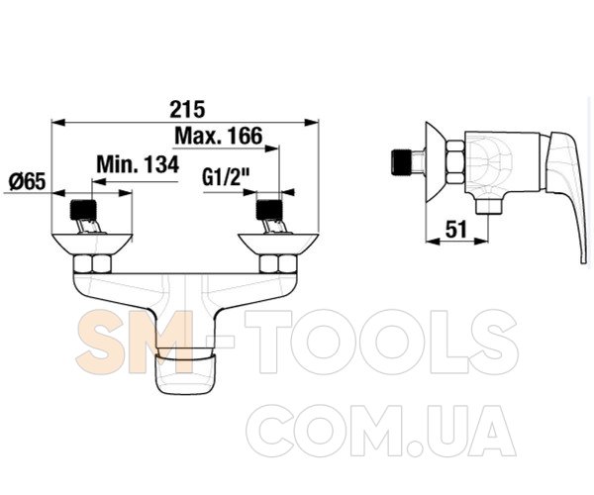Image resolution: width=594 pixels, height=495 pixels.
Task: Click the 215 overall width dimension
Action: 187,109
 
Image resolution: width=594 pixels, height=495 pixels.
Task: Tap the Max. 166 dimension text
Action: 218,136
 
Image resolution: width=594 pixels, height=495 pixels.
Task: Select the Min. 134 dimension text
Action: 138,164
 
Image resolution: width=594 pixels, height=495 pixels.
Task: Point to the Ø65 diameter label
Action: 27,181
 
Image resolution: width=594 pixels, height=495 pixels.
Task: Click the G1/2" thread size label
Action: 226,177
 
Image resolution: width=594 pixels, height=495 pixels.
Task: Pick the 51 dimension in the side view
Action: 456,230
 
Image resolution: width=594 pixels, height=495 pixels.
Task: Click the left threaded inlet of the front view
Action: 83,210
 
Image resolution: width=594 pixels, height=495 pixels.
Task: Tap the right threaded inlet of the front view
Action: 269,210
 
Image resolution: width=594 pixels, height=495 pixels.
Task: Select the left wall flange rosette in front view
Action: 92,244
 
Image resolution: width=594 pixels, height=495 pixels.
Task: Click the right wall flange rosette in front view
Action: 278,244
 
